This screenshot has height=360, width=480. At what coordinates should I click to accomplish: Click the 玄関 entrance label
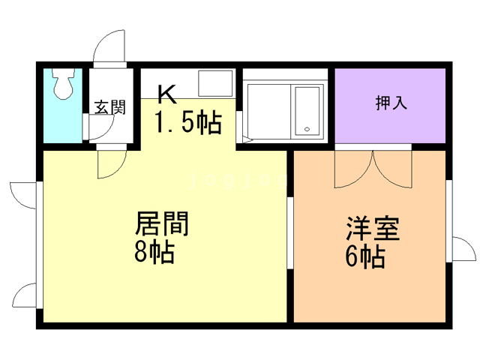[x=109, y=107]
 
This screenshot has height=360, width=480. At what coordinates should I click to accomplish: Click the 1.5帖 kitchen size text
[x=188, y=121]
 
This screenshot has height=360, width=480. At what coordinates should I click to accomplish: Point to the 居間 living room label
[x=161, y=223]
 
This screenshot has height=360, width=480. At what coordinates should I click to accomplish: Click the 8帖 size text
[x=154, y=252]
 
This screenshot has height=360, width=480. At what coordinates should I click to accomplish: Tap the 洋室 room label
[x=372, y=229]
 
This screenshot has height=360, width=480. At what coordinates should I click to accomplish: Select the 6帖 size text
[x=365, y=256]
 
